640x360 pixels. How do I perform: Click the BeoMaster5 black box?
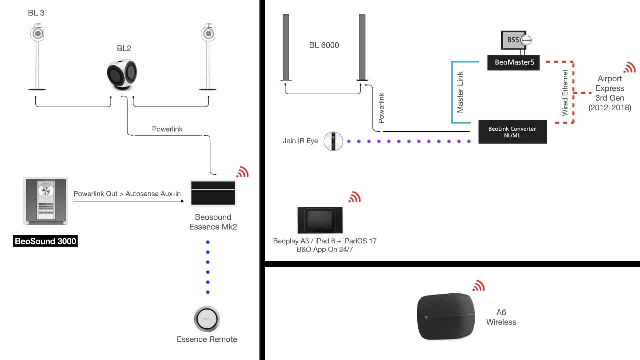pyautogui.click(x=513, y=63)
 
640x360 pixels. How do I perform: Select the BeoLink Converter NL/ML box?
pyautogui.click(x=512, y=132)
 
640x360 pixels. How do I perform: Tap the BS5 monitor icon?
pyautogui.click(x=513, y=40)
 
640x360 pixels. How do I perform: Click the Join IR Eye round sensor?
pyautogui.click(x=333, y=141)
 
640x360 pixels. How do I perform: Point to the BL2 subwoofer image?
pyautogui.click(x=122, y=74)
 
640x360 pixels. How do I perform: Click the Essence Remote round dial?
pyautogui.click(x=207, y=319)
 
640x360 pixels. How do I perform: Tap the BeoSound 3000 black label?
pyautogui.click(x=45, y=241)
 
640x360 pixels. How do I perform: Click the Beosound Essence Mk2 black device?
pyautogui.click(x=213, y=193)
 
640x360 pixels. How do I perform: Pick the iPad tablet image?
pyautogui.click(x=320, y=220)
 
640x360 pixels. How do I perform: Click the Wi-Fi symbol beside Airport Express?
pyautogui.click(x=629, y=68)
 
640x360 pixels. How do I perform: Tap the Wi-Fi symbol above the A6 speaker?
pyautogui.click(x=478, y=286)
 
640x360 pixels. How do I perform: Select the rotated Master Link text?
pyautogui.click(x=460, y=92)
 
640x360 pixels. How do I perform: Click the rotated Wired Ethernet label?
pyautogui.click(x=565, y=93)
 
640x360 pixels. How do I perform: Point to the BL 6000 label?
pyautogui.click(x=324, y=45)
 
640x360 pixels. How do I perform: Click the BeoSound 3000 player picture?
pyautogui.click(x=45, y=201)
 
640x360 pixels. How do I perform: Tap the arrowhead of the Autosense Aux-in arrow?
pyautogui.click(x=182, y=201)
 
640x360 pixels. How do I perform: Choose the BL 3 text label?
pyautogui.click(x=36, y=13)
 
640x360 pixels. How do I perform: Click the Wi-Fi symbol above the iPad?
pyautogui.click(x=354, y=197)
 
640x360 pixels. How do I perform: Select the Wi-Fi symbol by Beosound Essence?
pyautogui.click(x=242, y=172)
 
